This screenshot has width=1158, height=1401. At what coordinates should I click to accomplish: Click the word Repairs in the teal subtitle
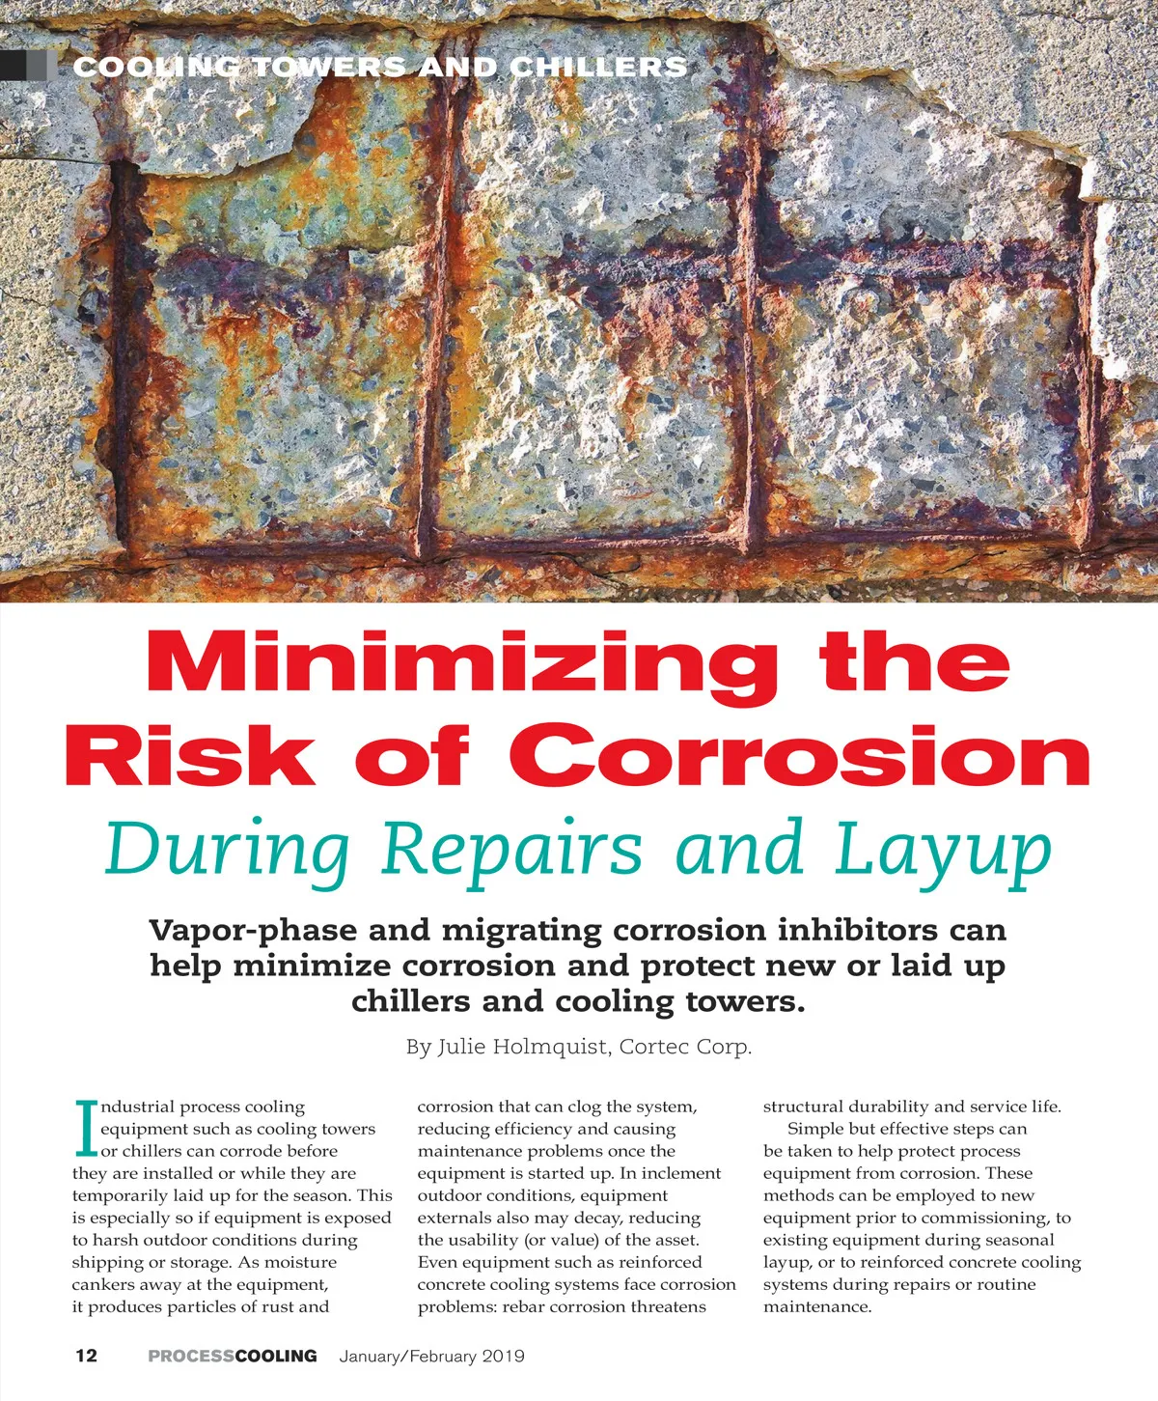[x=511, y=851]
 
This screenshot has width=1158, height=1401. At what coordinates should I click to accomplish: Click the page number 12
[x=86, y=1356]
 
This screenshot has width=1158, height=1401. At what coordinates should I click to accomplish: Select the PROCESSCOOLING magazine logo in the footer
[x=233, y=1356]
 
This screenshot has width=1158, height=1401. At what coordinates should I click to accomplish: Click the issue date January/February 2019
[x=432, y=1356]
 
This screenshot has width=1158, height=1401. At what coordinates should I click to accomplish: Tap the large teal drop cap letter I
[x=86, y=1129]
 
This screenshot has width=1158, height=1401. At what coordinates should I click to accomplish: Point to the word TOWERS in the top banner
[x=329, y=67]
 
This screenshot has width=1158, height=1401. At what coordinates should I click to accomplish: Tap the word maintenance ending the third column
[x=816, y=1306]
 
